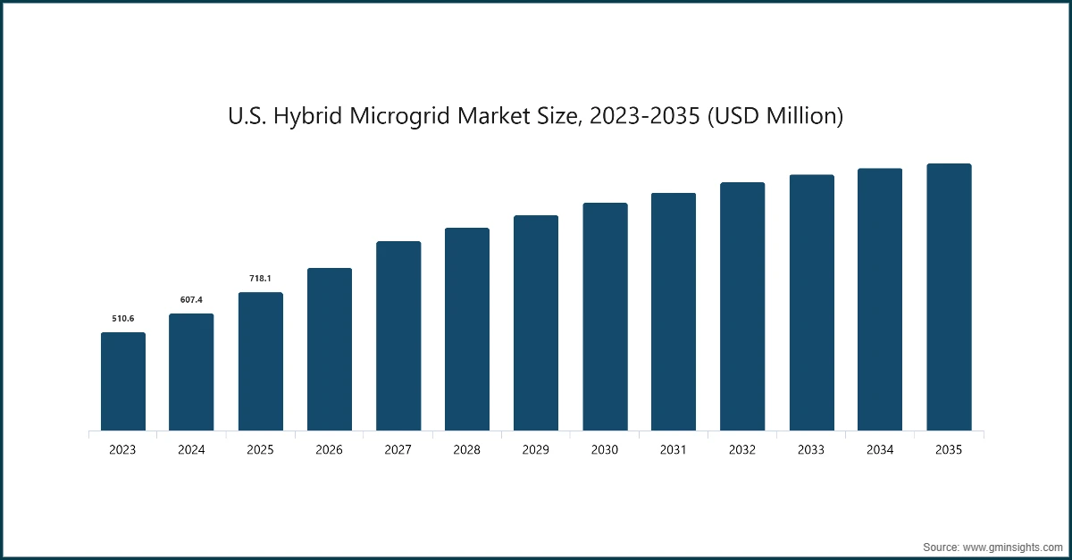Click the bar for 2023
point(122,382)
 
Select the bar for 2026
point(329,350)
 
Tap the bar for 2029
point(535,323)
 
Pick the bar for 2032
point(742,307)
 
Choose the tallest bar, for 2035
point(949,297)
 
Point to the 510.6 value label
point(122,319)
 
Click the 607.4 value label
point(191,300)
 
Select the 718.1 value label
point(260,279)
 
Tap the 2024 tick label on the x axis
point(191,450)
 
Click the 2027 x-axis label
point(398,450)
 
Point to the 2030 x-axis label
point(605,450)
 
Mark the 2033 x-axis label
point(811,450)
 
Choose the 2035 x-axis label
point(949,450)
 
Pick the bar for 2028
point(466,330)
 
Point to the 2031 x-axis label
point(674,450)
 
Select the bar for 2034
point(880,300)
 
